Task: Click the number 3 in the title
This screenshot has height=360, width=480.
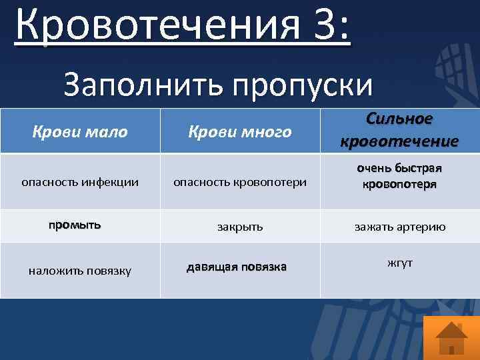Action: [318, 27]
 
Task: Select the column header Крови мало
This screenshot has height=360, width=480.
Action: [80, 132]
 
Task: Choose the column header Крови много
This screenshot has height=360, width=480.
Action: [240, 132]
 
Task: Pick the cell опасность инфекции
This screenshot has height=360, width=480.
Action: [80, 181]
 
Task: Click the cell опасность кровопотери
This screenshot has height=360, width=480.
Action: [240, 181]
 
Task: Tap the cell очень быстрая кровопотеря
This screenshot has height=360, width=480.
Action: [399, 176]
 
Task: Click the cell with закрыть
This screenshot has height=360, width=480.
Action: [240, 227]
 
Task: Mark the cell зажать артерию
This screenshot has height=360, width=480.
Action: [399, 227]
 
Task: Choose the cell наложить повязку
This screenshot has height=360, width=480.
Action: [80, 270]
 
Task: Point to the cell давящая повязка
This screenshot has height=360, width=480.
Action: [237, 267]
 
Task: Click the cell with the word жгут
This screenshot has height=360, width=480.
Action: [399, 263]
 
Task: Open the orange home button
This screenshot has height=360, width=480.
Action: [451, 337]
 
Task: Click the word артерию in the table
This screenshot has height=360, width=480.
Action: [421, 227]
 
